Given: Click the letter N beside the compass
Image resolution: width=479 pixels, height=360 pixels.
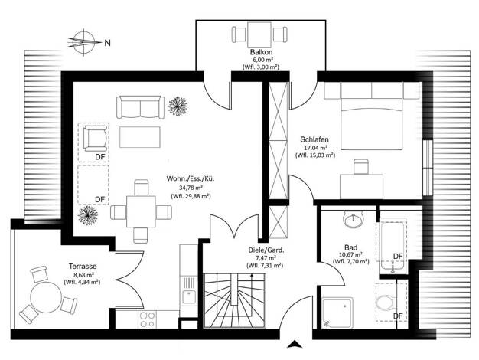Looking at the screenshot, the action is click(108, 43).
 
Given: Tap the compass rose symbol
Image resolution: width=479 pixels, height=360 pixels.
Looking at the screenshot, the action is click(84, 43).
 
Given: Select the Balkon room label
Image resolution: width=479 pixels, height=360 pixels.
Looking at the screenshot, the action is click(261, 52).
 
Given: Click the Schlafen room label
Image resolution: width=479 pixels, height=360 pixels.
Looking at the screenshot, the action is click(314, 139).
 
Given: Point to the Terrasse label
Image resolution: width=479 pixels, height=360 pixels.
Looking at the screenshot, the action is click(83, 267).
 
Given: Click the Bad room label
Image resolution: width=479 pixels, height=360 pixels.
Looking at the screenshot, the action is click(350, 247).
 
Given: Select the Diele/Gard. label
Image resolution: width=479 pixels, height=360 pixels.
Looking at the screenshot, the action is click(266, 250).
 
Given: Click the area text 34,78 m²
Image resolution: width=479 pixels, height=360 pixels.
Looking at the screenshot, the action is click(190, 187).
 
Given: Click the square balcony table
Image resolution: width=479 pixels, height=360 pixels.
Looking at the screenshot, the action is click(259, 34).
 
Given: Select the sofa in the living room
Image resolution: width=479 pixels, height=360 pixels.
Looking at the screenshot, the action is click(140, 107).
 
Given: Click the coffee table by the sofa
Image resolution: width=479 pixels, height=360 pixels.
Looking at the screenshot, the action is click(140, 137).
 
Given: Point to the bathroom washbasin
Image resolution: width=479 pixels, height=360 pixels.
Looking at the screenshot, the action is click(354, 219).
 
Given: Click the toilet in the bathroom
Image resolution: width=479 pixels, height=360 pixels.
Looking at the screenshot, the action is click(387, 303).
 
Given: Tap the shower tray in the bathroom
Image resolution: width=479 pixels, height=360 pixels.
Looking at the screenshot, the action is click(337, 313).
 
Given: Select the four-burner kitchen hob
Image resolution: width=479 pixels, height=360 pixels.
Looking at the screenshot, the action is click(147, 319).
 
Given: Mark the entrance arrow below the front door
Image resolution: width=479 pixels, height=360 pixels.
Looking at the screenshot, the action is click(295, 344).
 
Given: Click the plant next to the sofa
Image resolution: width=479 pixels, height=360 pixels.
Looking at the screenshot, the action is click(178, 106).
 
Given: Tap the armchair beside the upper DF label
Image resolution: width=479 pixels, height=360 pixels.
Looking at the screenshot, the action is click(96, 138).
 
